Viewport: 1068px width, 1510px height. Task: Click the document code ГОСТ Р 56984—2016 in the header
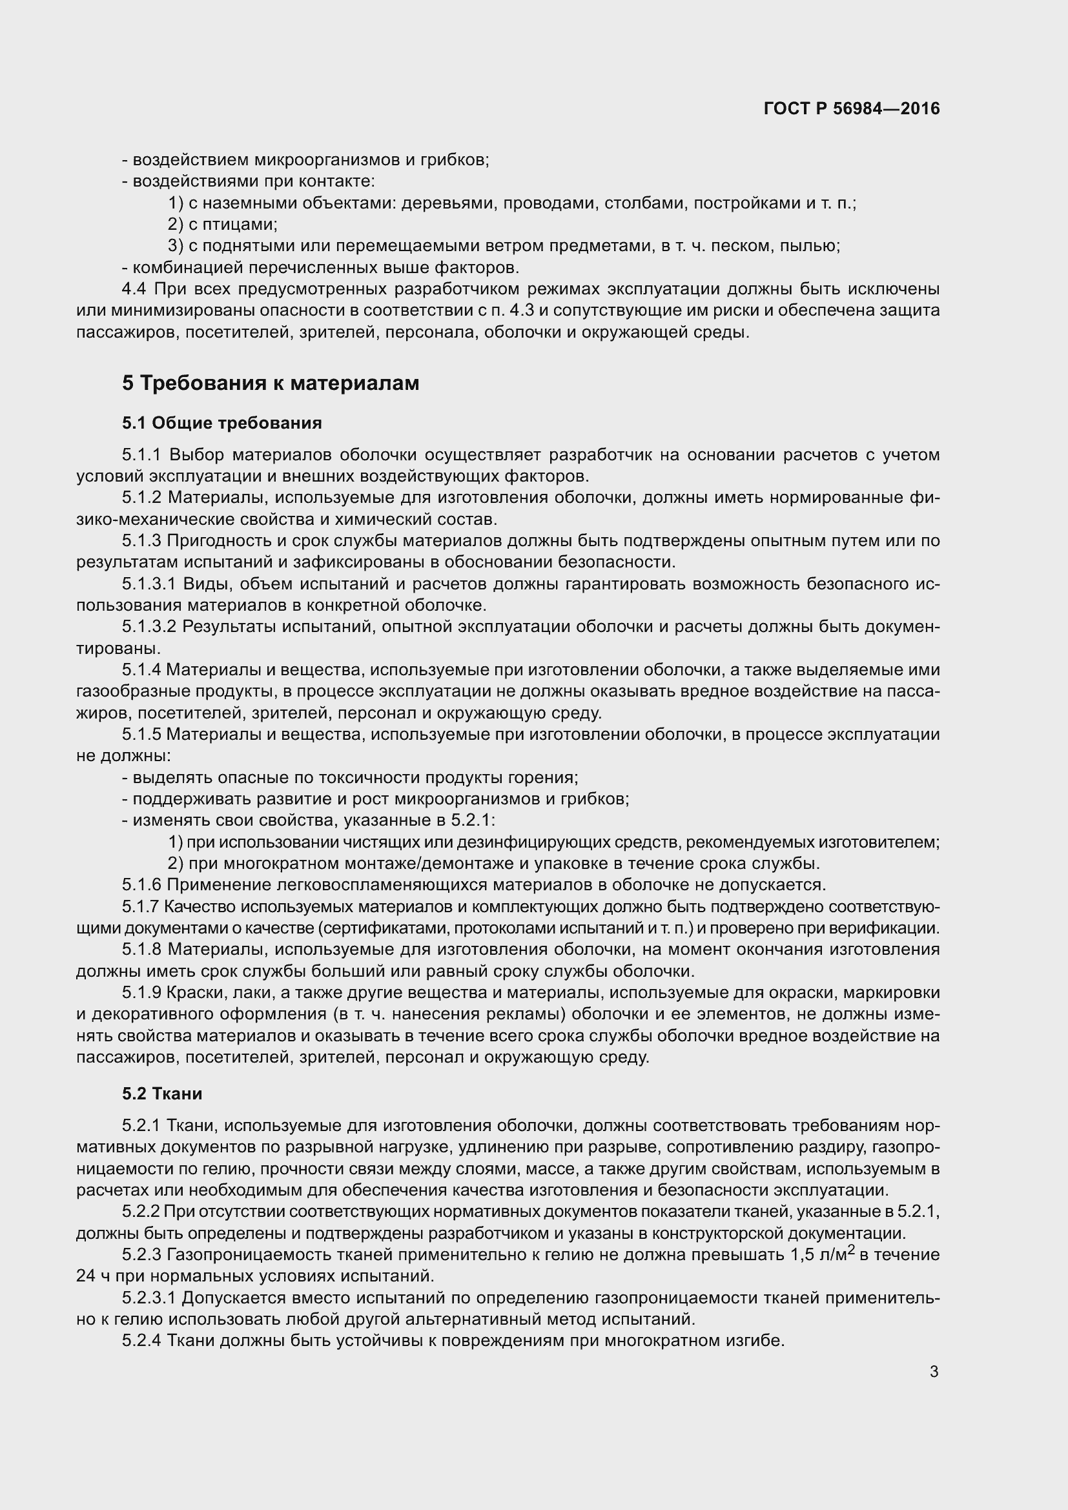[x=852, y=108]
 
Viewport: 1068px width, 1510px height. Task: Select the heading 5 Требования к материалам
[x=271, y=383]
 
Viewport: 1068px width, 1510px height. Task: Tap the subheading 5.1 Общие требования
[x=221, y=423]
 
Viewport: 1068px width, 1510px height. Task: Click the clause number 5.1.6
[x=141, y=884]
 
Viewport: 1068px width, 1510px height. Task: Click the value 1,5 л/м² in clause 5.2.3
[x=821, y=1254]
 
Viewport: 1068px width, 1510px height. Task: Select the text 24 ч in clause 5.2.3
[x=93, y=1276]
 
